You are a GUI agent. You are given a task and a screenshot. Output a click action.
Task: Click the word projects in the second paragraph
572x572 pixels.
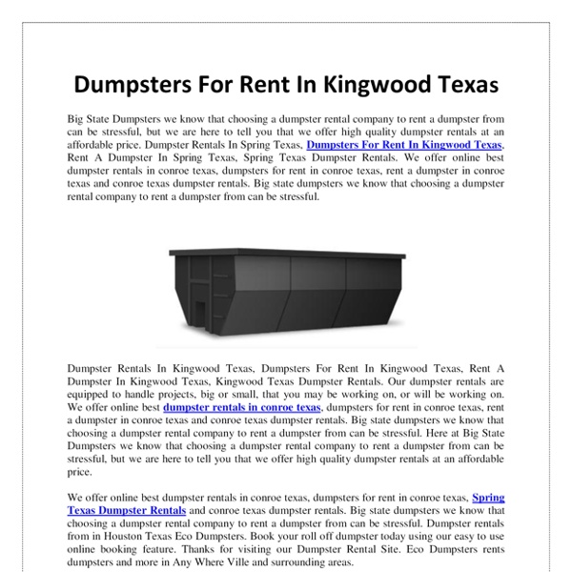coord(208,394)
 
